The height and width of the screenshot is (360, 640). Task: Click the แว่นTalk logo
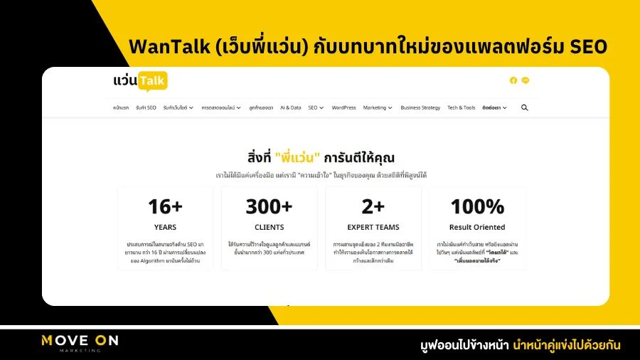(139, 81)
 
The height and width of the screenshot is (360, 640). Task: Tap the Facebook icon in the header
(513, 80)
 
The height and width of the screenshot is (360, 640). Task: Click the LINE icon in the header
(526, 80)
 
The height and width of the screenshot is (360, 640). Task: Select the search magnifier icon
(525, 107)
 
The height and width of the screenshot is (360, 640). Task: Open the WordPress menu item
(343, 107)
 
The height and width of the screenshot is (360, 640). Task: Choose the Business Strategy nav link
(420, 107)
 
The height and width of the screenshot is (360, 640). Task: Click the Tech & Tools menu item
(461, 107)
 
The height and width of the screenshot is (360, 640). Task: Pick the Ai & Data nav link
(290, 107)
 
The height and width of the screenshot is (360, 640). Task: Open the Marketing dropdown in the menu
(378, 107)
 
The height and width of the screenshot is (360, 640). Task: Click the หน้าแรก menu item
(121, 107)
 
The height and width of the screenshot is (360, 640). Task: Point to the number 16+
(165, 206)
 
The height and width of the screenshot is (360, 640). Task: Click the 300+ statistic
(269, 206)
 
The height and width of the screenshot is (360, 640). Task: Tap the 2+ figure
(373, 206)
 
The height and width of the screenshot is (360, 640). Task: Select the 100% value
(477, 206)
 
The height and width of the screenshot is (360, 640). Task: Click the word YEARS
(165, 228)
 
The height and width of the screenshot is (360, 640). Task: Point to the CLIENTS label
(269, 228)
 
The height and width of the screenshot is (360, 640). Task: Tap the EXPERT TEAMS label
(373, 228)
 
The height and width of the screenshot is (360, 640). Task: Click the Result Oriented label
(477, 228)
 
